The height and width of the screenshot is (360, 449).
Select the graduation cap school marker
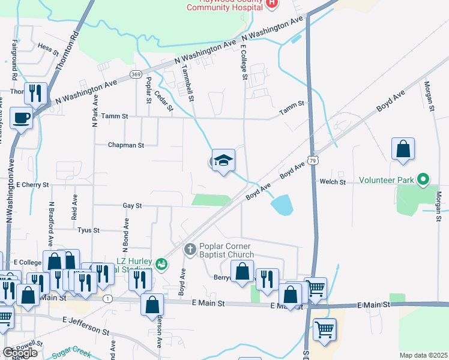point(223,160)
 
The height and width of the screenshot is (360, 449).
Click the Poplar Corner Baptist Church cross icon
point(190,248)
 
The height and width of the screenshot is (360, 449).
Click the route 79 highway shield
point(312,160)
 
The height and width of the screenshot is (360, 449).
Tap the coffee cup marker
point(22,117)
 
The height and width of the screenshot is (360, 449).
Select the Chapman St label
point(126,145)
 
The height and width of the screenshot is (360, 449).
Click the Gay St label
point(131,205)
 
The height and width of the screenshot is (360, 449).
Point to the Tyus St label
point(88,230)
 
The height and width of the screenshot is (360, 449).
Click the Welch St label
point(333,182)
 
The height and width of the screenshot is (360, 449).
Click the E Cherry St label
point(32,185)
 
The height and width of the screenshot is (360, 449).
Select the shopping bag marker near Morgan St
point(403,150)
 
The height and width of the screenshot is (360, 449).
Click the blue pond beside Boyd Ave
point(282,206)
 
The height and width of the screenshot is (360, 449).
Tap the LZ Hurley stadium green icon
point(161,263)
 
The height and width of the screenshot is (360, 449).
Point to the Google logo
point(20,353)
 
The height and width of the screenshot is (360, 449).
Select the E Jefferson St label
point(86,326)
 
